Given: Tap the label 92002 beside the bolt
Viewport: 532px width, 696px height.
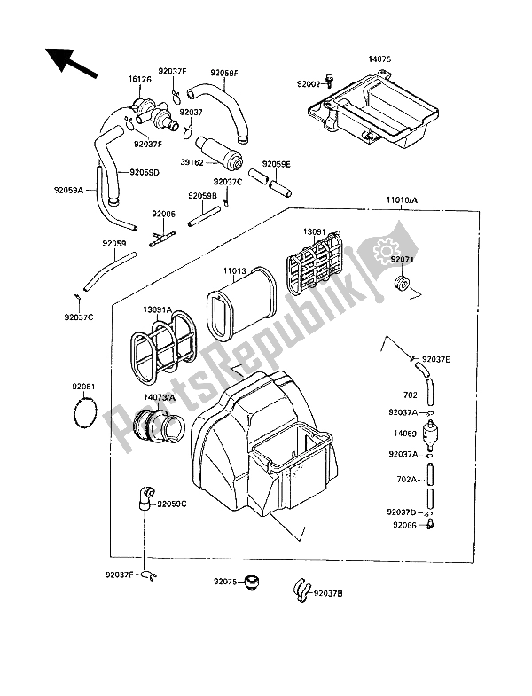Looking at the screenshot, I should (310, 84).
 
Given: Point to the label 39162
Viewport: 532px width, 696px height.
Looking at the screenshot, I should (194, 162).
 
